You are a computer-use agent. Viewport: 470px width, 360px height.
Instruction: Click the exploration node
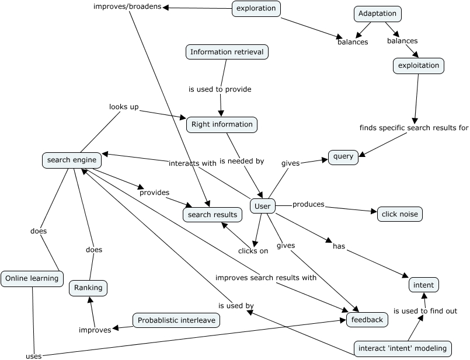pos(256,8)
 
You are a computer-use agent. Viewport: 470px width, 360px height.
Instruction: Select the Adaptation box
pos(378,14)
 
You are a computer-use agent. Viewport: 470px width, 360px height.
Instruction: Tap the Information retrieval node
pos(227,52)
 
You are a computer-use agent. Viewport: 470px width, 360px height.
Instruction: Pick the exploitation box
pos(419,65)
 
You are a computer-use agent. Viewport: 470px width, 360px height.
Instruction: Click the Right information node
pos(222,125)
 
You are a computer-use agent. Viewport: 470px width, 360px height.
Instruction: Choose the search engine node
pos(72,160)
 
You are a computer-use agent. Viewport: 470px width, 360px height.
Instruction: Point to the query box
pos(343,157)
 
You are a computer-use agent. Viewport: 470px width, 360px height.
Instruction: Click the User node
pos(263,206)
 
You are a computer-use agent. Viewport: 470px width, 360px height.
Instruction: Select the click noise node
pos(400,214)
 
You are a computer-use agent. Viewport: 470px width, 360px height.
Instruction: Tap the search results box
pos(213,215)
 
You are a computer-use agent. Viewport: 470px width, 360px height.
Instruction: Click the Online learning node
pos(32,279)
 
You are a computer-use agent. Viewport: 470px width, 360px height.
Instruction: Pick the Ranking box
pos(88,288)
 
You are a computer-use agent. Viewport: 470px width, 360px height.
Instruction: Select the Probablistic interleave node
pos(176,320)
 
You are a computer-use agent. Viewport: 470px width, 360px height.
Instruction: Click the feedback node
pos(367,320)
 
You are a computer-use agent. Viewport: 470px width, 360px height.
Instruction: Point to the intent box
pos(423,285)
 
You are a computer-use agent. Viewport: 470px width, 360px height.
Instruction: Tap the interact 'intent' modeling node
pos(403,348)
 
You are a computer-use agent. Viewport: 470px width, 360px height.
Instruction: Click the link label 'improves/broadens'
pos(127,6)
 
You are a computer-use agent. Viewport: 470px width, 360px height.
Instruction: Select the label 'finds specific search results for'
pos(414,128)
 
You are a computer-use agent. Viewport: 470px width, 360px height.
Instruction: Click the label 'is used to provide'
pos(220,89)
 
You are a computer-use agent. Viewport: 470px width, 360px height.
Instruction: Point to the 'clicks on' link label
pos(253,251)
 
